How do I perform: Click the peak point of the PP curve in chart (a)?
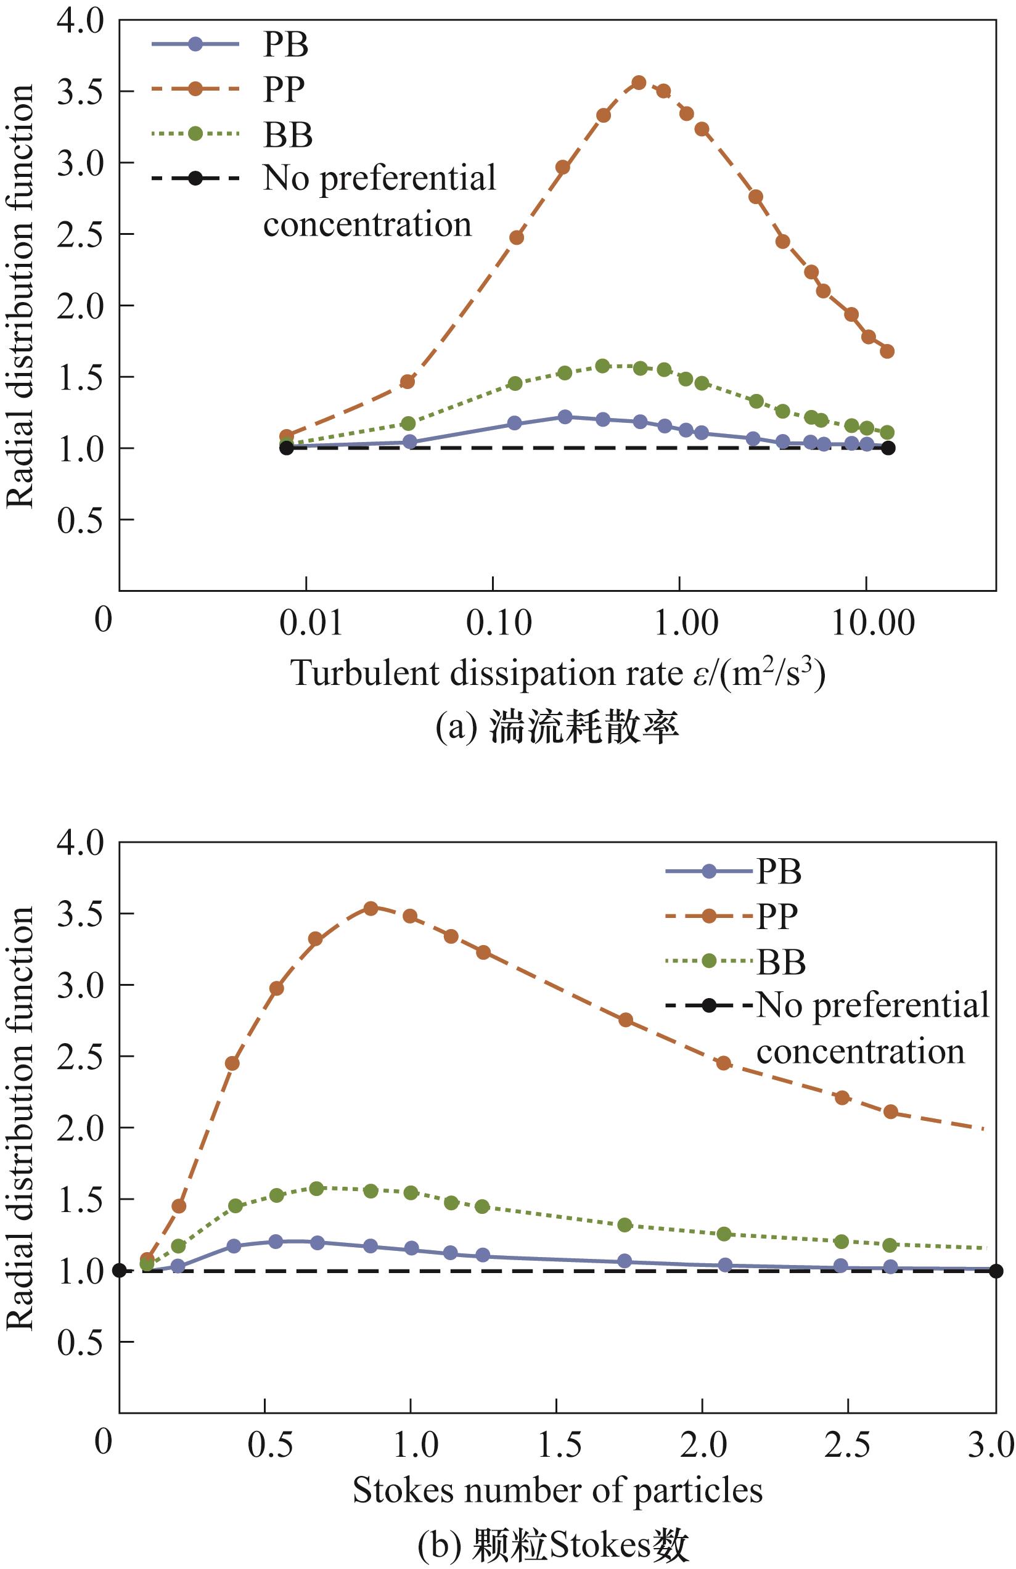tap(638, 83)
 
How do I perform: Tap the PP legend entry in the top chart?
tap(284, 89)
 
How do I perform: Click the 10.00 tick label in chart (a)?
tap(873, 622)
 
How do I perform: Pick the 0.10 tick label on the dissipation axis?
tap(498, 622)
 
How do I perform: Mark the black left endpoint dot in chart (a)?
tap(286, 448)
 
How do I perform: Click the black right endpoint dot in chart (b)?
tap(996, 1271)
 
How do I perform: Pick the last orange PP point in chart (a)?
tap(887, 351)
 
